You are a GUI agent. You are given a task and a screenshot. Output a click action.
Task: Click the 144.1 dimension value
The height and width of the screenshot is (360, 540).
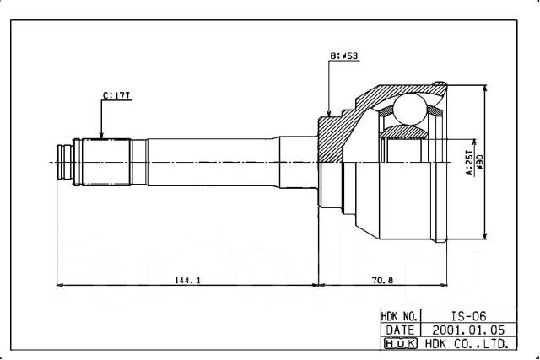click(x=187, y=280)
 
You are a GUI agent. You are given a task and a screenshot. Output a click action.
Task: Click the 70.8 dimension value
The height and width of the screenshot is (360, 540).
click(x=382, y=280)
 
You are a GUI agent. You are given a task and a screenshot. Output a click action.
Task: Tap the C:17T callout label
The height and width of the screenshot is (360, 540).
click(x=116, y=95)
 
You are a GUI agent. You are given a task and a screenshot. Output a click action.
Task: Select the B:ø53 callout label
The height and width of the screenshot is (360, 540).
click(x=344, y=56)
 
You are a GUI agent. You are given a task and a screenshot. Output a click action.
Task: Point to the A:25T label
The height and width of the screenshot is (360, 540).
click(x=469, y=162)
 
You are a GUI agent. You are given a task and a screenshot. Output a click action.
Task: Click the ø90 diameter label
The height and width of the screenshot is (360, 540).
click(x=479, y=162)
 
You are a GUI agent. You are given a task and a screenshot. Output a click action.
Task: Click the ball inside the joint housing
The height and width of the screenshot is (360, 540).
click(x=409, y=109)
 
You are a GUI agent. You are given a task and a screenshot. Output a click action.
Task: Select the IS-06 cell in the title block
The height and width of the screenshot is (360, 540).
click(x=469, y=316)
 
